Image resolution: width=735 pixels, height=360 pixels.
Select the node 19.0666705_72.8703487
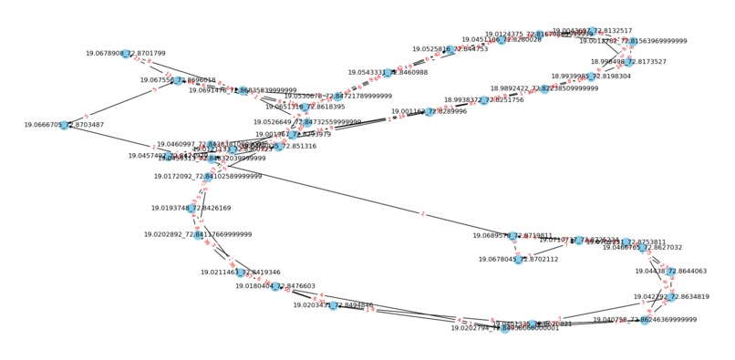click(64, 125)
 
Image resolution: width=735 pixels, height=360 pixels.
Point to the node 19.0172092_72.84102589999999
click(208, 202)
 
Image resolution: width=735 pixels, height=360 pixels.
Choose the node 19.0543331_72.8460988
click(388, 73)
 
